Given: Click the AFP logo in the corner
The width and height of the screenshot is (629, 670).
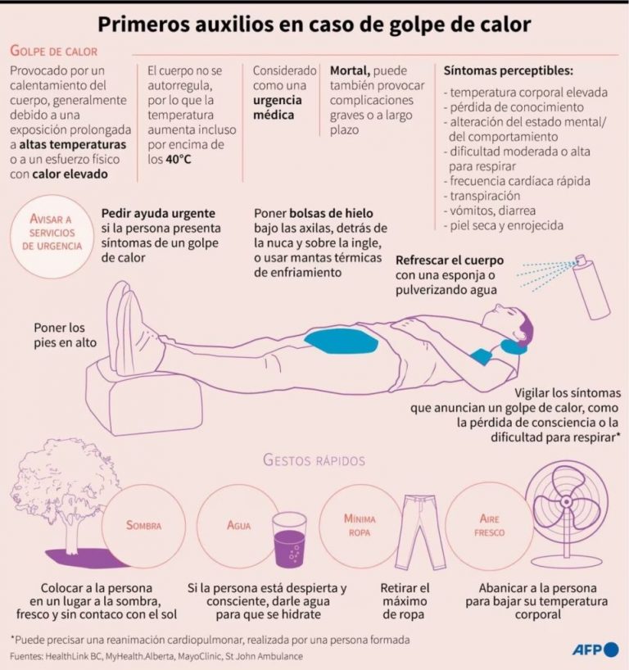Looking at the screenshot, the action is point(595,650).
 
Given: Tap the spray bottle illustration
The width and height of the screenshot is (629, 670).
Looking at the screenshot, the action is point(592,287).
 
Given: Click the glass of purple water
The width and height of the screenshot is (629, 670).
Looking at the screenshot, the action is point(289,540).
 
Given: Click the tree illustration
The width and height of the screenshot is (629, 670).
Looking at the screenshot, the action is point(64,496).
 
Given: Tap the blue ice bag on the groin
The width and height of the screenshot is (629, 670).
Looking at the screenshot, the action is point(341,342).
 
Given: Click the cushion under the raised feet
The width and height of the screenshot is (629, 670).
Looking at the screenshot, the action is point(143,396).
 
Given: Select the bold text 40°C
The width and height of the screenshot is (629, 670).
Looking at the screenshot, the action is point(179,160).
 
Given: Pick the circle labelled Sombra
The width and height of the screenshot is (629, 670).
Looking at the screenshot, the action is point(143,526).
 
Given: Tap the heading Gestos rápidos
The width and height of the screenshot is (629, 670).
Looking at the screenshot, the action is point(314,460).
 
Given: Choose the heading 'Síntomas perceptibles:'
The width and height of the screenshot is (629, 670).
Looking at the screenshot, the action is point(508,70).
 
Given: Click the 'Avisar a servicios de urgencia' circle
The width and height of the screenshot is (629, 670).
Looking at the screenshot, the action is point(52,236).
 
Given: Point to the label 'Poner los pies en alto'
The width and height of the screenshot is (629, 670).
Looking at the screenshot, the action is point(65,335).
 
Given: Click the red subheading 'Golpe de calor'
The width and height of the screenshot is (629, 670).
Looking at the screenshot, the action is point(54,51).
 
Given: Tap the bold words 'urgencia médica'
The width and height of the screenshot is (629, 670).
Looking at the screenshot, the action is point(278,107).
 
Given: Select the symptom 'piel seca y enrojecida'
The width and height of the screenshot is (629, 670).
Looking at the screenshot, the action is point(504,225).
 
